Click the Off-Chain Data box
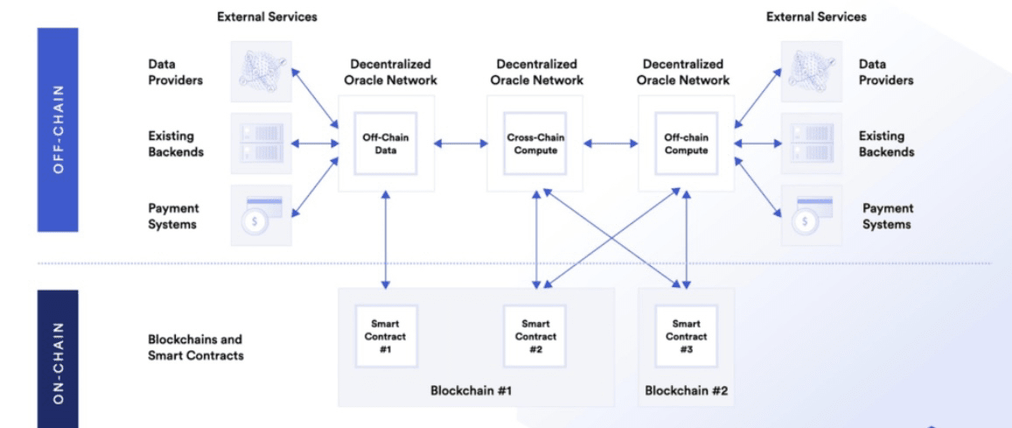point(386,144)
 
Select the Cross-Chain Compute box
point(532,144)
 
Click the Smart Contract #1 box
point(386,335)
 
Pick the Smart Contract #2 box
point(534,335)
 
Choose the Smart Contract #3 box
point(687,335)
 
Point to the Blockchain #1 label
point(471,389)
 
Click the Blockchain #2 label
point(687,389)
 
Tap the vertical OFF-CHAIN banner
point(58,130)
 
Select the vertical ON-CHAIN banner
point(58,359)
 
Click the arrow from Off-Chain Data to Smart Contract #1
point(386,240)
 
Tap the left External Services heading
point(267,17)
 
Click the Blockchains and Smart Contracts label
point(195,347)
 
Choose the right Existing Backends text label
point(886,144)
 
